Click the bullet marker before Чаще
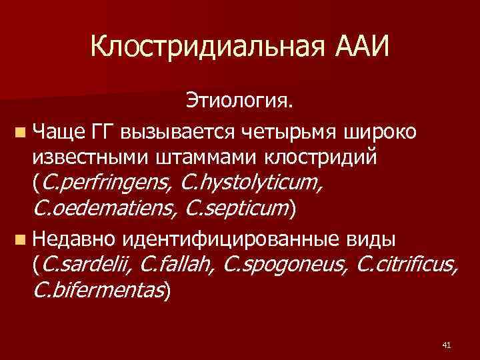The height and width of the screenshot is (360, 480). (x=23, y=131)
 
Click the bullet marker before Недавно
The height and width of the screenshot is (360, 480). (x=23, y=237)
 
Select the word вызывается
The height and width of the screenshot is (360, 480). (x=167, y=131)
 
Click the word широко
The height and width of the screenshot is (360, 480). (x=380, y=131)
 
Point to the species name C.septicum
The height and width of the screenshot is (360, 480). (x=237, y=209)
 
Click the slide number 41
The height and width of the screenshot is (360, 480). (x=446, y=345)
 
